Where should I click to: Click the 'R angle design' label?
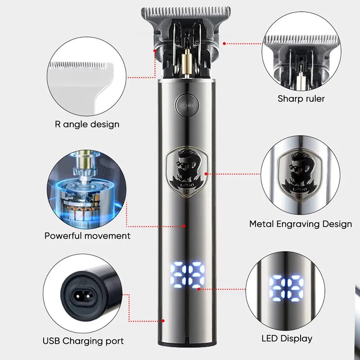point(87,124)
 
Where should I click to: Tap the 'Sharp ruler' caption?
point(301,99)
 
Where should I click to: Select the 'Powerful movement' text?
point(87,235)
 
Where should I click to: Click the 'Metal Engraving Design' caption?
point(301,224)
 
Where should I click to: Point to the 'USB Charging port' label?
point(84,341)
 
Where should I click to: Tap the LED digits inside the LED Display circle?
point(286,288)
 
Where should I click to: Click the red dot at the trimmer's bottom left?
point(163,321)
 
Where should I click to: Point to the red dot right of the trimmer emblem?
point(207,173)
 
